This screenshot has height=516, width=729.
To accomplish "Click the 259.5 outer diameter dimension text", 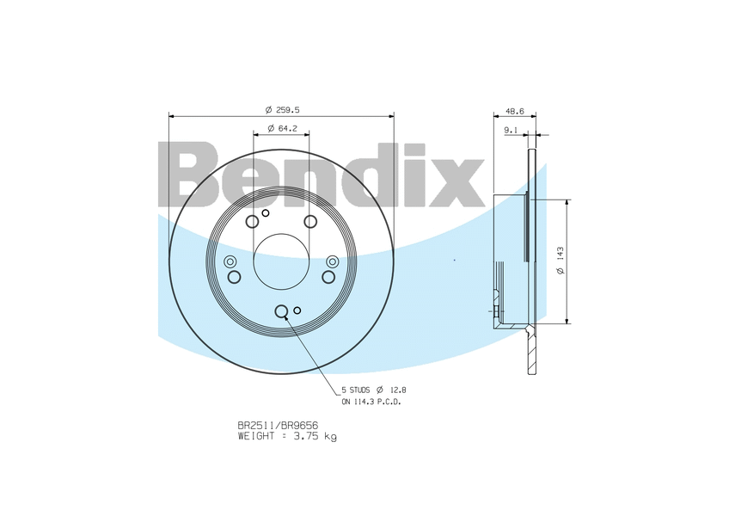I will (x=288, y=109).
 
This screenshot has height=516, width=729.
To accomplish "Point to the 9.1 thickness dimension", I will (x=510, y=130).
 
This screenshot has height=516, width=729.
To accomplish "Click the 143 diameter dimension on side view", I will (x=560, y=261).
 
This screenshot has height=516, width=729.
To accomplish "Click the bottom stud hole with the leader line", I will (x=281, y=311).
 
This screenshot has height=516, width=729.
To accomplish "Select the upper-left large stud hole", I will (x=252, y=223).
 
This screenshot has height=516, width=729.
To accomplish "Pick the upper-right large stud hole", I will (x=310, y=223).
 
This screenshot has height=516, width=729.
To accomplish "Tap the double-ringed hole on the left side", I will (x=230, y=261).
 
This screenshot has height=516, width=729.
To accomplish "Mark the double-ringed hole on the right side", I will (x=333, y=261).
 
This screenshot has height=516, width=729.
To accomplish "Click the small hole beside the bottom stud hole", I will (x=297, y=310).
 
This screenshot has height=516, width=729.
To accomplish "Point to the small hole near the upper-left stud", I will (x=266, y=212).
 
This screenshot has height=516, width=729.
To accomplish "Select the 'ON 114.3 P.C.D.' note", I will (x=371, y=402).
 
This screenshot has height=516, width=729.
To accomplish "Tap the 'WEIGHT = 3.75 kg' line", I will (x=287, y=437).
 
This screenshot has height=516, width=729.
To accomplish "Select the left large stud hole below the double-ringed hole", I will (x=234, y=276).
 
